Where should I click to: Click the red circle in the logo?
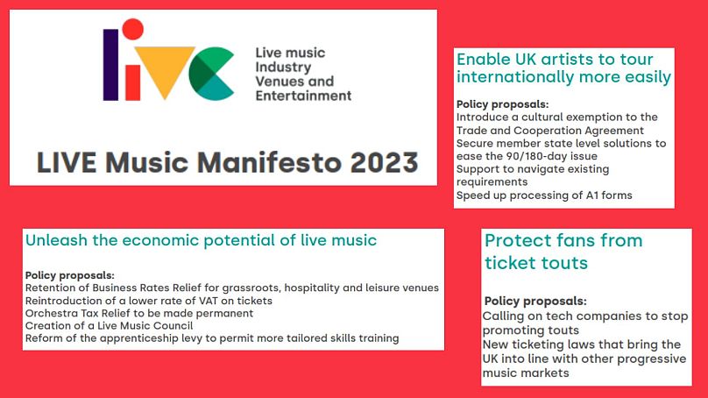(x=133, y=29)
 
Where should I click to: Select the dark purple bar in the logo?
(x=111, y=65)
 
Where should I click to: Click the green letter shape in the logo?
(x=211, y=74)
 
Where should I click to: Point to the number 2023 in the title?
(x=385, y=163)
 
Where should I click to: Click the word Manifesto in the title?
(x=269, y=162)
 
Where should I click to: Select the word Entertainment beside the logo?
(x=303, y=96)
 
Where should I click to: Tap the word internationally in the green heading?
(x=515, y=77)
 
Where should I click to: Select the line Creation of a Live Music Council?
(x=109, y=326)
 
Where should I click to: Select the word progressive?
(x=652, y=359)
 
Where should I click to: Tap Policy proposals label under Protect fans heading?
(x=535, y=302)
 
